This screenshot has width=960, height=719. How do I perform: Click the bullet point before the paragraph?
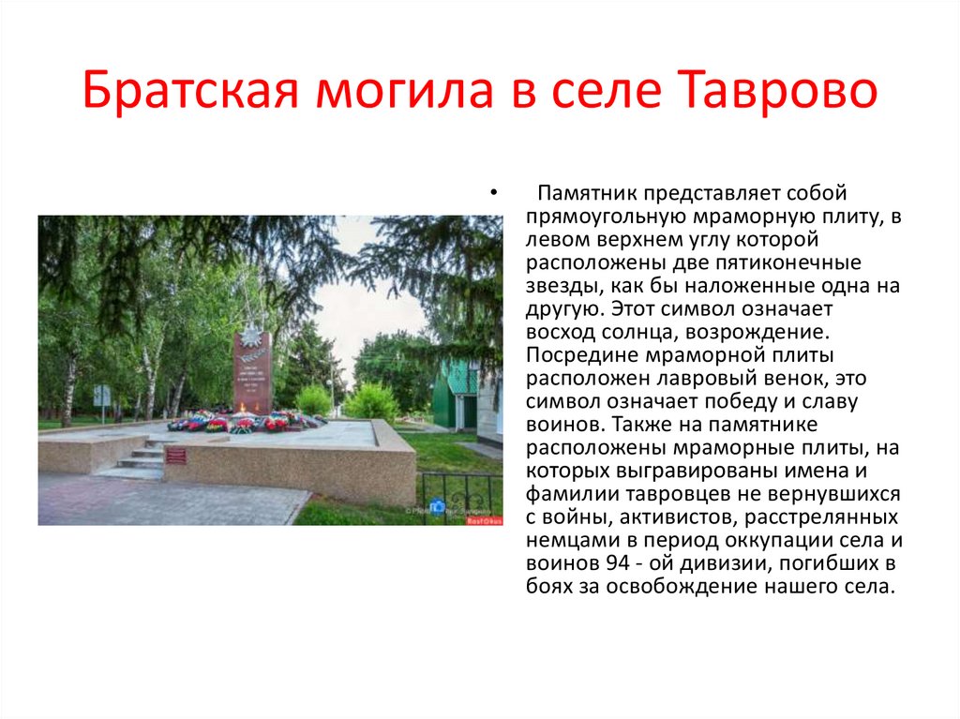492,194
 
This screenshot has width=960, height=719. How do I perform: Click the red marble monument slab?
253,375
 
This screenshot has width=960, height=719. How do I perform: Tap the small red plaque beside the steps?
175,456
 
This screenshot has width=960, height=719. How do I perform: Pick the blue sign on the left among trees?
101,395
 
